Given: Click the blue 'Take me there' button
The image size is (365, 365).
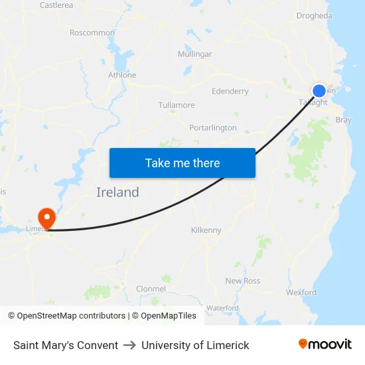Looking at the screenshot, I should click(183, 163).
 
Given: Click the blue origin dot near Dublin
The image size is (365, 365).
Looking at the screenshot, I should click(319, 91).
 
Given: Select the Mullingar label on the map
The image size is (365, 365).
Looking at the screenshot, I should click(195, 54).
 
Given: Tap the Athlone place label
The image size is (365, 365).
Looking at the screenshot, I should click(122, 75).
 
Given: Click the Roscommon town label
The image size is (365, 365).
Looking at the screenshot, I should click(92, 33).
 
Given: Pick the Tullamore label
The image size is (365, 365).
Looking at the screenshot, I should click(177, 106).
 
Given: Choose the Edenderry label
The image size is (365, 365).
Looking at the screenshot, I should click(230, 91).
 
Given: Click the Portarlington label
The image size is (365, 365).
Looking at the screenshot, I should click(213, 127).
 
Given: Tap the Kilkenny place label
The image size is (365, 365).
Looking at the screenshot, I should click(206, 230).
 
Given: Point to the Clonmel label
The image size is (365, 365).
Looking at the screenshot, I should click(151, 289).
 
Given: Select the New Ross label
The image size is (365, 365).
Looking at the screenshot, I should click(243, 281).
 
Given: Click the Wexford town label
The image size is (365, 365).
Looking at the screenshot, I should click(301, 292).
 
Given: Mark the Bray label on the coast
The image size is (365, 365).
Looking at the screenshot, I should click(344, 120).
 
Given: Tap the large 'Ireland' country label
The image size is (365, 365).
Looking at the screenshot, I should click(117, 192).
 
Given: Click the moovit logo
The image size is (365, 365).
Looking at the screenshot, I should click(325, 344).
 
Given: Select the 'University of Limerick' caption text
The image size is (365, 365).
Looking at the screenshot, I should click(195, 345).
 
